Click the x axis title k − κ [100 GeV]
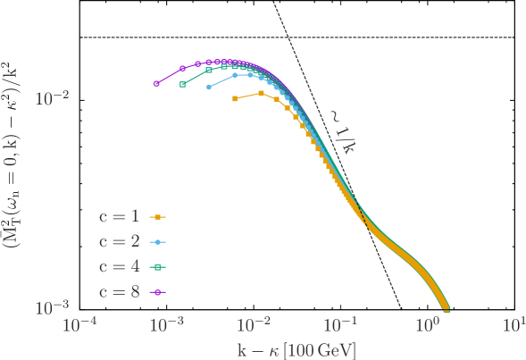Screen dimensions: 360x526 296,349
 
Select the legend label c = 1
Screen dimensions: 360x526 119,216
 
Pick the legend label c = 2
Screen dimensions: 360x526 119,241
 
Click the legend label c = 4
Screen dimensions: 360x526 119,266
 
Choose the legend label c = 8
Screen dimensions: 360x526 119,291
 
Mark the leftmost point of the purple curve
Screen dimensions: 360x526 156,84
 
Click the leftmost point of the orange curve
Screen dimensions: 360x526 235,98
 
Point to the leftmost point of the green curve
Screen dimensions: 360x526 182,85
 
